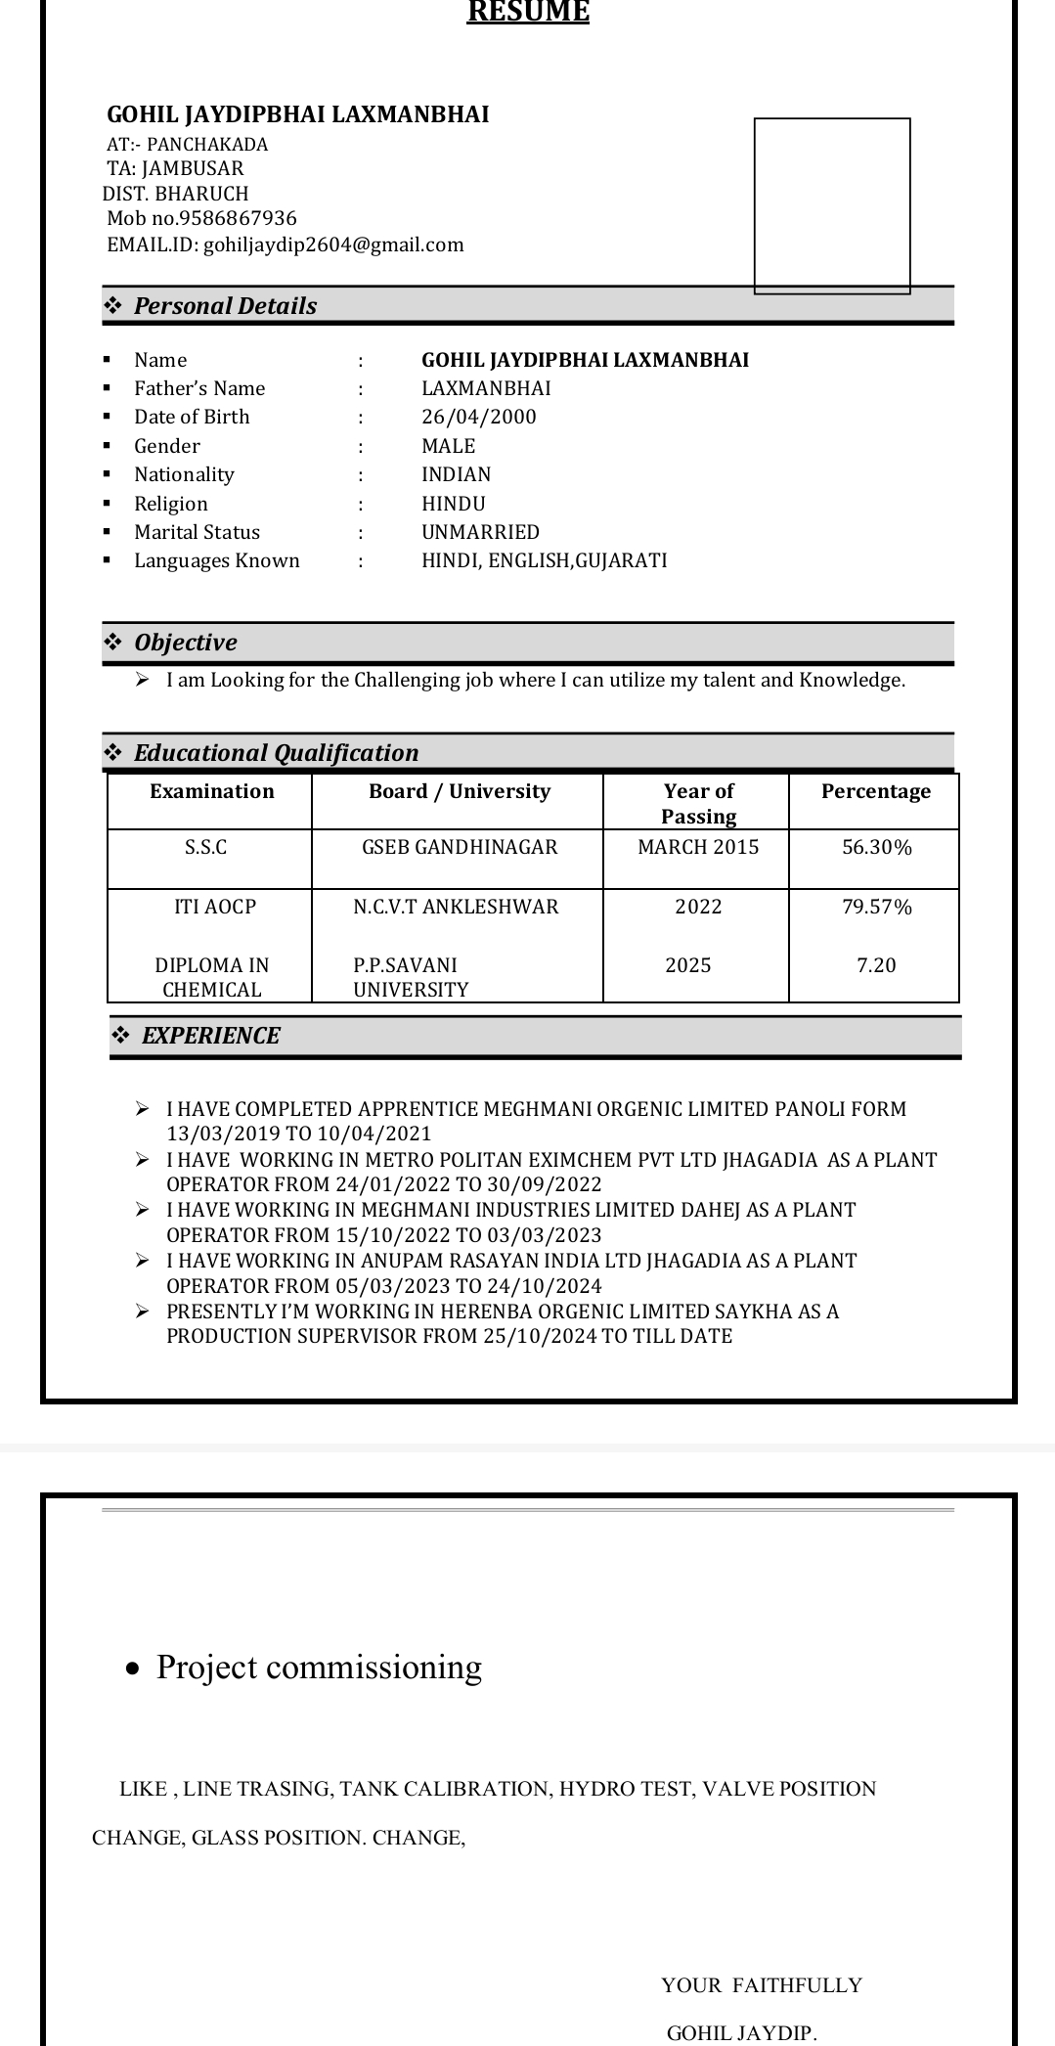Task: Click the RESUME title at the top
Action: [528, 12]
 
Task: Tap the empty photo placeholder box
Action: [832, 205]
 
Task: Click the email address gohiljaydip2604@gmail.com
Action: [333, 245]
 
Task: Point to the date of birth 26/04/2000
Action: [479, 417]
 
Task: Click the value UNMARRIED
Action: [480, 532]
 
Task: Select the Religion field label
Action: [171, 504]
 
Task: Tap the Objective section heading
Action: [186, 643]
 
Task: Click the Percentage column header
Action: [876, 791]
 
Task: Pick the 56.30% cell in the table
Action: [877, 848]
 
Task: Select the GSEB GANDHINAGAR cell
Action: [460, 847]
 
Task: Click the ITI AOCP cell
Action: [215, 907]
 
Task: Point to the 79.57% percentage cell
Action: [877, 907]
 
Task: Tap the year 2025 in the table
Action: [688, 965]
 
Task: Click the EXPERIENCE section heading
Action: [211, 1036]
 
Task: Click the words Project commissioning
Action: [319, 1667]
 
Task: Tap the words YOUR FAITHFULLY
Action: [762, 1984]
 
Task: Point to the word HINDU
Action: [454, 504]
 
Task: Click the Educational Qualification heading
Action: [276, 753]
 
